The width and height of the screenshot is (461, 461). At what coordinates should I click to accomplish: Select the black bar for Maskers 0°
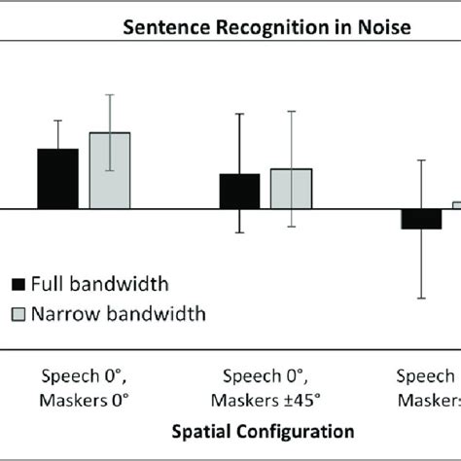coord(57,179)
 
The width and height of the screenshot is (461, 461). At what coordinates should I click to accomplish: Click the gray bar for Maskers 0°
coord(109,171)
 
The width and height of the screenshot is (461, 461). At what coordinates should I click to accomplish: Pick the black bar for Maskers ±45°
coord(239,192)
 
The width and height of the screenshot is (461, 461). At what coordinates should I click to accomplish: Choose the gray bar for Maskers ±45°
coord(291,189)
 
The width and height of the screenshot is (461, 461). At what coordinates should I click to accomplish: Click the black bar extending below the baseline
coord(421,219)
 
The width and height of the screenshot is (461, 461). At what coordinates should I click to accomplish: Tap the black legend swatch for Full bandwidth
coord(18,285)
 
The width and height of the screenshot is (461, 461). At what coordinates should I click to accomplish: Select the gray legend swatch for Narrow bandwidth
coord(18,314)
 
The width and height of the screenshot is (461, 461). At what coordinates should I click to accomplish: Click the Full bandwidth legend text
coord(99,284)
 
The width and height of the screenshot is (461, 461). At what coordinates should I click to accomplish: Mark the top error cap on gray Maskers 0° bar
coord(109,94)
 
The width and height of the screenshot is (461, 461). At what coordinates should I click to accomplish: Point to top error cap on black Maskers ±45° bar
coord(239,114)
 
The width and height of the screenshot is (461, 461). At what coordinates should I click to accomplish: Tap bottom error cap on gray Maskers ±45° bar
coord(291,228)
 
